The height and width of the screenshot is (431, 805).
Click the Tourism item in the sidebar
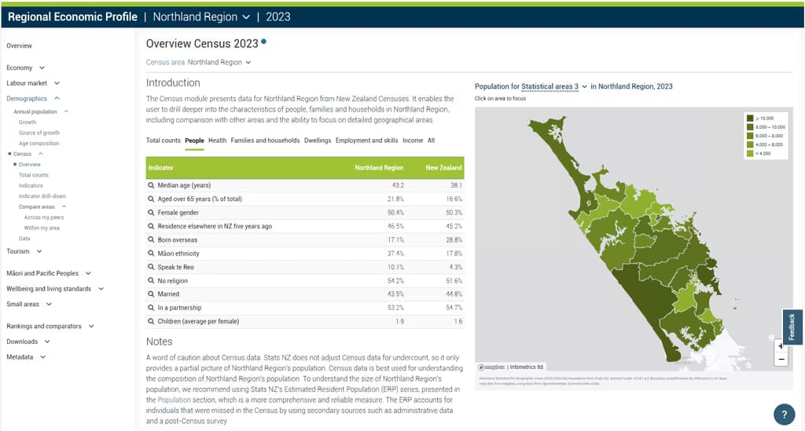coord(18,251)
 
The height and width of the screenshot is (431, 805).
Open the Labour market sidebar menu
coord(28,83)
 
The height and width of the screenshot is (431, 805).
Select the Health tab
coord(217,141)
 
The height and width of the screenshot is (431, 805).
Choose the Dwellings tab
coord(318,141)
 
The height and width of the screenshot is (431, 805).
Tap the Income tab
coord(412,141)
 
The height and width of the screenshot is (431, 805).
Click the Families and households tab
coord(265,141)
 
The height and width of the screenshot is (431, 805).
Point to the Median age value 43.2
coord(397,185)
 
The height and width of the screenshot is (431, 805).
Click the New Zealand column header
coord(443,167)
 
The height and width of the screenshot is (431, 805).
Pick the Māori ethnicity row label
coord(178,254)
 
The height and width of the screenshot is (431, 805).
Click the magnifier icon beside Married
coord(152,294)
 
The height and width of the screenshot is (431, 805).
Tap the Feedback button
coord(792,327)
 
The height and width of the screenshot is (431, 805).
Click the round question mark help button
coord(784,414)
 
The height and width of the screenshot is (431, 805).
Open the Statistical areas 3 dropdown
coord(554,86)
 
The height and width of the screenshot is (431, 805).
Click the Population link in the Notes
coord(174,400)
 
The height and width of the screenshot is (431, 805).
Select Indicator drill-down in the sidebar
coord(42,195)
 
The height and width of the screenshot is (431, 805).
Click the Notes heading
coord(159,342)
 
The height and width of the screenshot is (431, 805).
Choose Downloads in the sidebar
coord(22,342)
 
